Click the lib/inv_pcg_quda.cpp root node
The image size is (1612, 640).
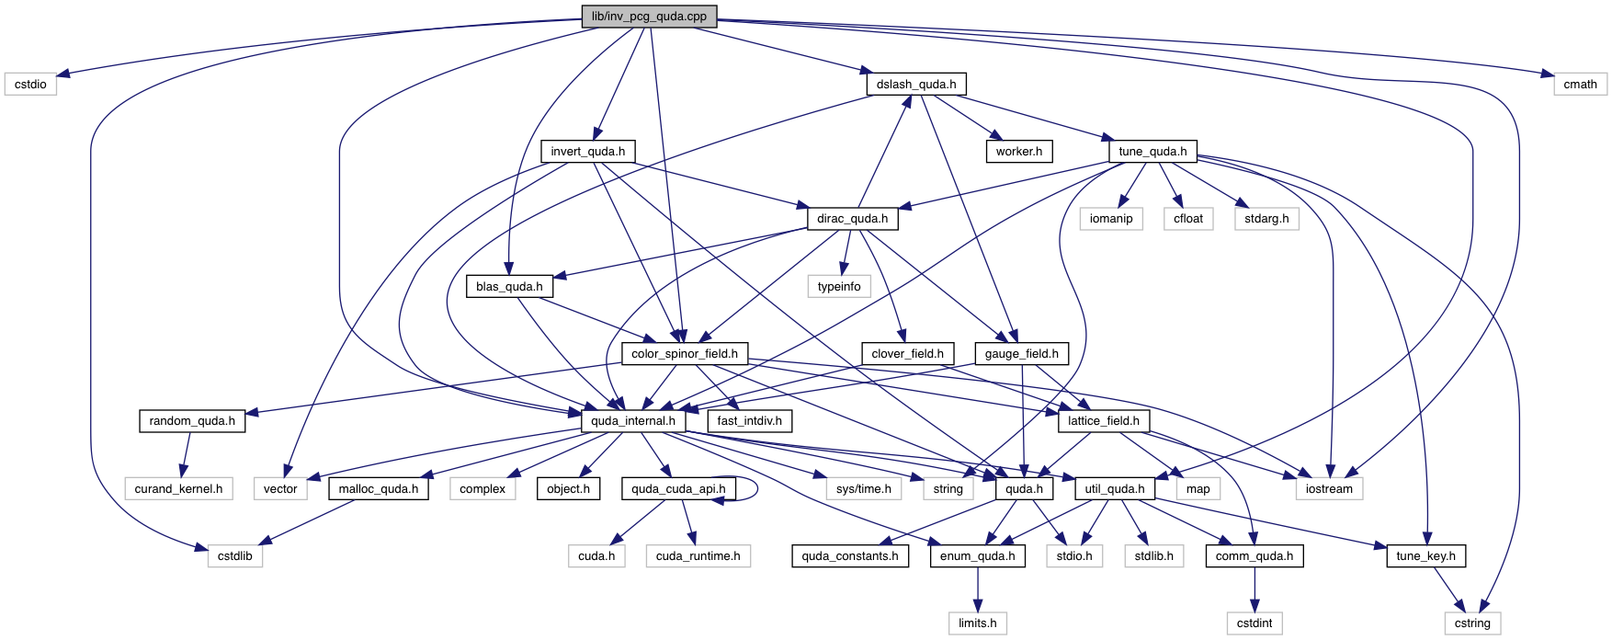tap(649, 17)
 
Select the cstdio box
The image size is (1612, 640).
tap(30, 84)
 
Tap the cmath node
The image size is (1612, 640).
tap(1580, 84)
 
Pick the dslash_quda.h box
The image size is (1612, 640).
tap(915, 84)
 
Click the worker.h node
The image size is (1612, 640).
tap(1018, 151)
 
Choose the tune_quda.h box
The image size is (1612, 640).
tap(1152, 151)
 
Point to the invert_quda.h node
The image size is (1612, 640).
tap(587, 151)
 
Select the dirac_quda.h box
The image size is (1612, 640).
tap(852, 219)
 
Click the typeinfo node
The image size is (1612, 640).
tap(839, 286)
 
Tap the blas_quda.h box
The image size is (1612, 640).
tap(509, 286)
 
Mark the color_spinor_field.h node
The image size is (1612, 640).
tap(684, 353)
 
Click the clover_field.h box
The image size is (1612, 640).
tap(907, 353)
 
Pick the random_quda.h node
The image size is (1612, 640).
tap(192, 421)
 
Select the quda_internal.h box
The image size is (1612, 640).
tap(632, 421)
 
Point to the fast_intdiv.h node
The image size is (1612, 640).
tap(749, 421)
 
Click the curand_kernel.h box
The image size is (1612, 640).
tap(178, 488)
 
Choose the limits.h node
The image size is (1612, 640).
tap(977, 623)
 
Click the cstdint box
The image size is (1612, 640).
tap(1254, 623)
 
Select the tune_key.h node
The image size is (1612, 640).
tap(1425, 555)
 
